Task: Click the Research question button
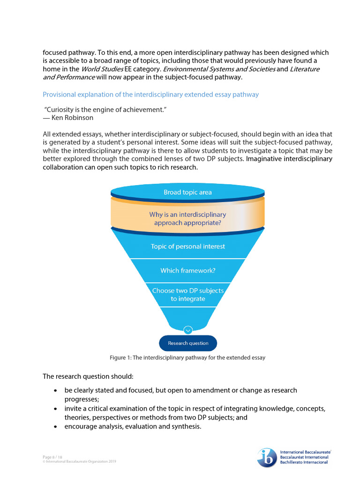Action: [188, 343]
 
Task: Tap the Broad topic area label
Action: [187, 192]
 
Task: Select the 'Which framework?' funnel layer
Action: [187, 270]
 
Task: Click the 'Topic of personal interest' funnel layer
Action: [187, 246]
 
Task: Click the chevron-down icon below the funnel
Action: [188, 330]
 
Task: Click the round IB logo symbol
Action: [267, 457]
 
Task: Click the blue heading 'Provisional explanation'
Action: [150, 94]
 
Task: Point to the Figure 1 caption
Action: [187, 358]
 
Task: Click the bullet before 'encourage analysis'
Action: [56, 427]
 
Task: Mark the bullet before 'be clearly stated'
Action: [56, 390]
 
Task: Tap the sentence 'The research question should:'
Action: [88, 376]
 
